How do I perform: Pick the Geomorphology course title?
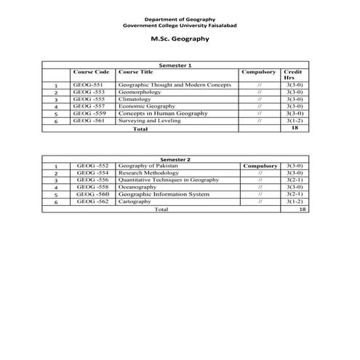click(x=143, y=92)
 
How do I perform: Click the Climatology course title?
click(x=136, y=100)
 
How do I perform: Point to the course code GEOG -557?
click(x=89, y=106)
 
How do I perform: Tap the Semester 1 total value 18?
click(x=294, y=128)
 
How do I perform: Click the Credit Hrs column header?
click(x=292, y=75)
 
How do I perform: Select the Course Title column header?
click(x=135, y=73)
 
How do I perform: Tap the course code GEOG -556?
click(x=92, y=180)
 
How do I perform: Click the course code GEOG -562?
click(x=92, y=201)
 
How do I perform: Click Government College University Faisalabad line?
click(x=179, y=25)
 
